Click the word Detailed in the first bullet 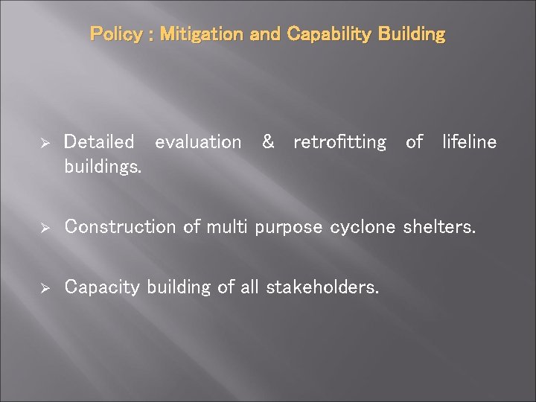100,141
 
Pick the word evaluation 198,141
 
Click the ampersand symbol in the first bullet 268,141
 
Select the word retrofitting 340,141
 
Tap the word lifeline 469,141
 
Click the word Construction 120,226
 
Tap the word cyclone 362,226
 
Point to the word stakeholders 322,287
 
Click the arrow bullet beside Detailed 44,142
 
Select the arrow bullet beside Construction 44,226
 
